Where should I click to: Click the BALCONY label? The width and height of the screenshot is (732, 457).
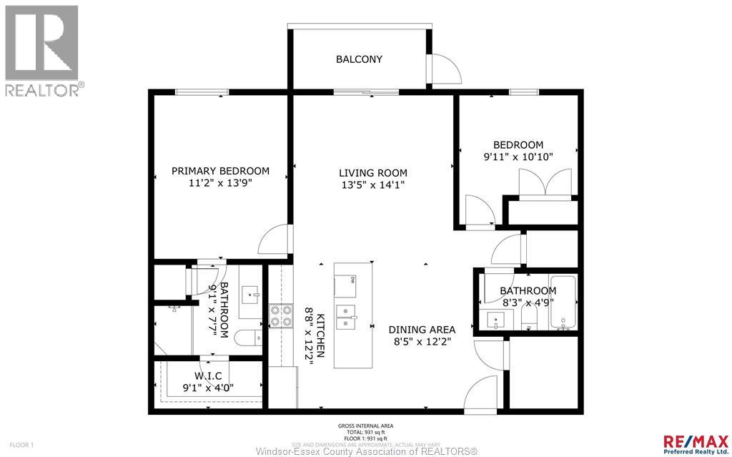pyautogui.click(x=359, y=59)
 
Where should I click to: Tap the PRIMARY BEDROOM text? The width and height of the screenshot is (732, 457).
pyautogui.click(x=220, y=171)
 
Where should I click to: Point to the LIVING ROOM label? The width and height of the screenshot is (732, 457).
pyautogui.click(x=372, y=172)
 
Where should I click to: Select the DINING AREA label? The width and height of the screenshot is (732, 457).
pyautogui.click(x=422, y=330)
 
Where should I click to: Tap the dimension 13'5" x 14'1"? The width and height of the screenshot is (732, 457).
pyautogui.click(x=372, y=185)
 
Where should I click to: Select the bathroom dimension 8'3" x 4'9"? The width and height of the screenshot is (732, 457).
pyautogui.click(x=528, y=303)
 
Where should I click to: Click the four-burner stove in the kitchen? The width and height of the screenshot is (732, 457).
pyautogui.click(x=280, y=315)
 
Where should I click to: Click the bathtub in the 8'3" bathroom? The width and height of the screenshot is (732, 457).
pyautogui.click(x=563, y=303)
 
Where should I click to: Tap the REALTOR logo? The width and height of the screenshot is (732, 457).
pyautogui.click(x=43, y=50)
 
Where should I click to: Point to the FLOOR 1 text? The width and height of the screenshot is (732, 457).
pyautogui.click(x=16, y=445)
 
